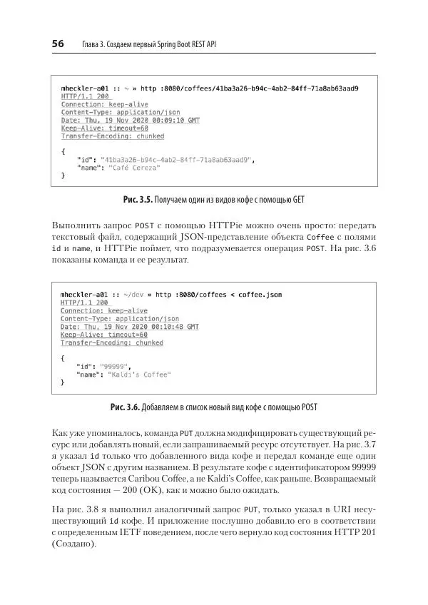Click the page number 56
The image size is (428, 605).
click(58, 44)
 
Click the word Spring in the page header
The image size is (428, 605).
click(169, 45)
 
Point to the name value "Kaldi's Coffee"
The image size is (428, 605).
click(139, 375)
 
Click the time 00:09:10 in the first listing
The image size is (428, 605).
click(151, 121)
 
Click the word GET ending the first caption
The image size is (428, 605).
click(305, 199)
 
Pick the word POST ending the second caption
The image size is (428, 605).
click(307, 407)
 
